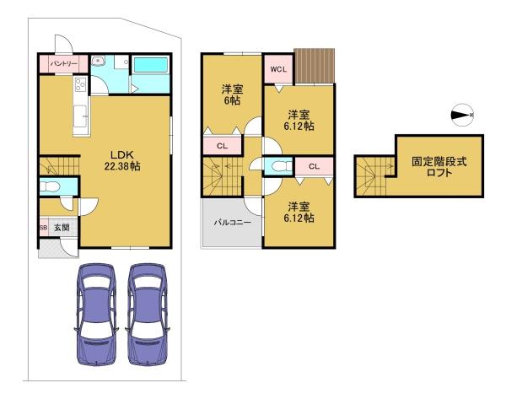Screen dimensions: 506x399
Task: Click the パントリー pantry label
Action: click(63, 64)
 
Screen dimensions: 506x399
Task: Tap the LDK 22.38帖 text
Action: click(122, 160)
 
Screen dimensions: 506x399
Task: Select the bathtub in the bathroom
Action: click(150, 66)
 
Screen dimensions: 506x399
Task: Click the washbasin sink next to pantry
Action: click(97, 61)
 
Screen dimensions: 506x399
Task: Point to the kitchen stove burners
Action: click(80, 84)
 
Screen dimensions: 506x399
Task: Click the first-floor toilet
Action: click(50, 186)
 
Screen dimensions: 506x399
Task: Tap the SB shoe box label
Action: click(43, 227)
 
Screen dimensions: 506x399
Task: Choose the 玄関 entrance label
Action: click(62, 227)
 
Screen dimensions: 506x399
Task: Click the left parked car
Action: click(95, 314)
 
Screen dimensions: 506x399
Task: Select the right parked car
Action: click(148, 314)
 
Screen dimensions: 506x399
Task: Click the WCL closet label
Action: click(278, 69)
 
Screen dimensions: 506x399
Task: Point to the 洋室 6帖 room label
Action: click(232, 95)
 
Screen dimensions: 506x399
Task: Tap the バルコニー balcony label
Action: click(233, 223)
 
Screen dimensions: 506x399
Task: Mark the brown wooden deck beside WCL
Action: click(315, 66)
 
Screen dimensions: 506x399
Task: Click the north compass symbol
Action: click(462, 115)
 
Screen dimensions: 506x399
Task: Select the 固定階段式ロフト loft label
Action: click(439, 166)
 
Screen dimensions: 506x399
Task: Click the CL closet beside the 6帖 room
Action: click(222, 146)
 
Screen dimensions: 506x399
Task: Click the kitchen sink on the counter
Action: click(81, 116)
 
